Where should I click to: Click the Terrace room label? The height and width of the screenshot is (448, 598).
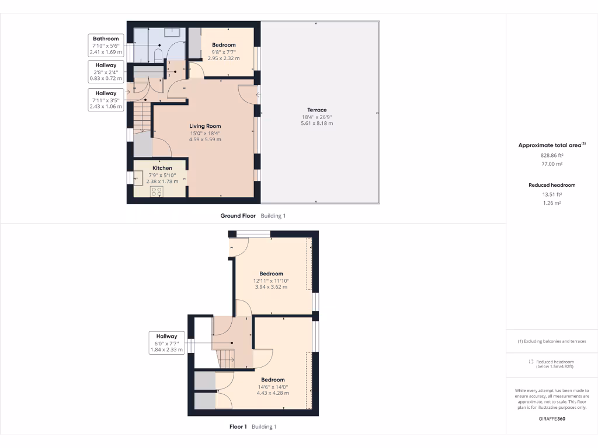(x=317, y=110)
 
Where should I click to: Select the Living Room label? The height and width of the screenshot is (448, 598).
(x=205, y=126)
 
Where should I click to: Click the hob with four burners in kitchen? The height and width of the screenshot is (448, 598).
(x=157, y=191)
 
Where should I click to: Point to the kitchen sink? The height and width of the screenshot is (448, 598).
(x=139, y=177)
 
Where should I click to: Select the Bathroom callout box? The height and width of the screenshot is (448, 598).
(x=106, y=45)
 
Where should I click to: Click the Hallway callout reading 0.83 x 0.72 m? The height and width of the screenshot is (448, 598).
(x=106, y=72)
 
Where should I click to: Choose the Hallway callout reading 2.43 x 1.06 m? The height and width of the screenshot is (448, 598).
(x=106, y=100)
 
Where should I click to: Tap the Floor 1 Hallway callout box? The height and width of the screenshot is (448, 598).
(x=166, y=343)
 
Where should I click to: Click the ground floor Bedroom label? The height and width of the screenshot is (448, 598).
(x=224, y=45)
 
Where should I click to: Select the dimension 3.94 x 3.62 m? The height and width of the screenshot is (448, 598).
(x=271, y=287)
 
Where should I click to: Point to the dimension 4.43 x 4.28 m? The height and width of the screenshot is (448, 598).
(x=273, y=393)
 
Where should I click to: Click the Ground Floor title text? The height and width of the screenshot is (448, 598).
(x=238, y=216)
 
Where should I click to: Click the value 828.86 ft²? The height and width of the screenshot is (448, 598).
(x=551, y=156)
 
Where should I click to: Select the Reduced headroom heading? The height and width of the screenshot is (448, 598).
(x=551, y=185)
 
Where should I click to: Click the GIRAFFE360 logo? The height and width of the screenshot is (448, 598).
(x=551, y=418)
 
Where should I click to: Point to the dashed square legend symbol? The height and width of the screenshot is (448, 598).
(x=530, y=362)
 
